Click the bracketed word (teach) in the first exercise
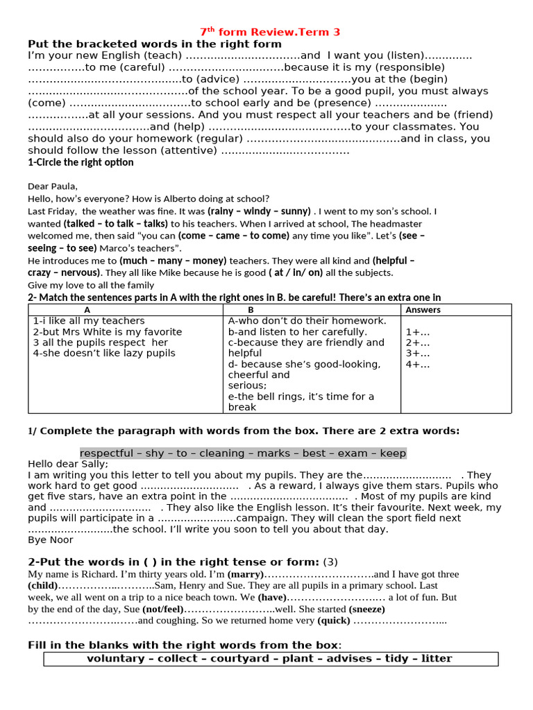162,55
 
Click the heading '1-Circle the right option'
81,163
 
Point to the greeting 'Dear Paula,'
53,186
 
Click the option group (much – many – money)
173,261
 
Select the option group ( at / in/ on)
296,273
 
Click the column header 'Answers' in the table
423,310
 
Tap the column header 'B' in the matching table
251,310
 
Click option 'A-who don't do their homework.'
307,321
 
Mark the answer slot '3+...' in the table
417,354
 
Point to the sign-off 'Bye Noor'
50,539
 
